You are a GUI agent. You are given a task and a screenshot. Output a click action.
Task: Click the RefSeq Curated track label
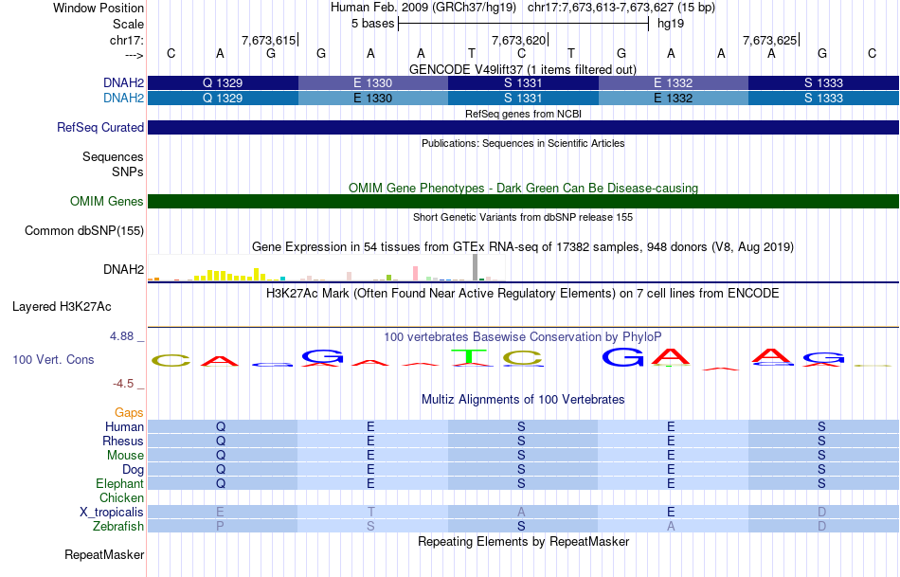coord(99,128)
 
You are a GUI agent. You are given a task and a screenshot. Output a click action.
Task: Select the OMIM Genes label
coord(106,201)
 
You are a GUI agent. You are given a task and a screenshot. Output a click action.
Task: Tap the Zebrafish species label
coord(118,526)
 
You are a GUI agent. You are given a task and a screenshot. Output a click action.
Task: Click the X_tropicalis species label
coord(112,513)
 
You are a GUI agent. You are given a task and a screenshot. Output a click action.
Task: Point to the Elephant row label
coord(119,484)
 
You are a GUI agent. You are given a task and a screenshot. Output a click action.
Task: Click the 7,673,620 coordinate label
coord(518,40)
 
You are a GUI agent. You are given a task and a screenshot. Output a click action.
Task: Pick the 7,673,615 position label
coord(269,40)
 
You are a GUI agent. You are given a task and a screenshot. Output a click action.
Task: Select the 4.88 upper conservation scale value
coord(121,336)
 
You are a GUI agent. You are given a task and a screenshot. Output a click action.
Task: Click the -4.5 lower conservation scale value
coord(123,384)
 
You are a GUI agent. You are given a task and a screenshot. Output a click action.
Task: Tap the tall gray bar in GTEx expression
coord(476,267)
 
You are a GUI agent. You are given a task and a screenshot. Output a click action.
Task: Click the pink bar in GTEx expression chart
coord(415,273)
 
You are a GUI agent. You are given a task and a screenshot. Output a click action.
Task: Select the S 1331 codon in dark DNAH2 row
coord(523,82)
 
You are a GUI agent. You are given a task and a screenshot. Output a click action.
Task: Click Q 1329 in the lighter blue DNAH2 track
coord(223,99)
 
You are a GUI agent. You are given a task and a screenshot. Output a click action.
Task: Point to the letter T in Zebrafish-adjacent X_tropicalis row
coord(370,513)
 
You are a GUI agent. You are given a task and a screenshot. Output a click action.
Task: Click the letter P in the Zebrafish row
coord(220,526)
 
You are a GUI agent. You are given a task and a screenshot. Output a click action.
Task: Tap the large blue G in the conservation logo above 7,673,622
coord(622,357)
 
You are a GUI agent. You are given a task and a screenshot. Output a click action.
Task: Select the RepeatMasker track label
coord(104,554)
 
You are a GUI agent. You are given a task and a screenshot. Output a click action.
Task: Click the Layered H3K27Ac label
coord(62,307)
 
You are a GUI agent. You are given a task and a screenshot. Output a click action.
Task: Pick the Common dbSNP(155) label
coord(83,231)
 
